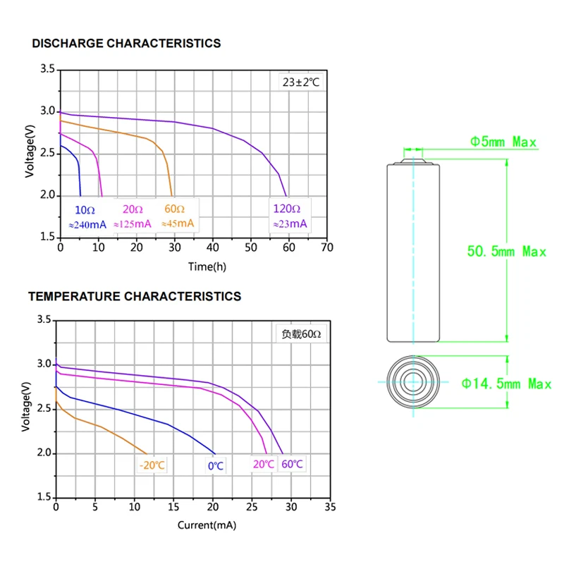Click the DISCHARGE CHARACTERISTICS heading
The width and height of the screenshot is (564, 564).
(126, 44)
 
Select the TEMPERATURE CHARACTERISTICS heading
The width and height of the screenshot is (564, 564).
(134, 297)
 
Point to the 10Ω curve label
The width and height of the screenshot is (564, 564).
(85, 209)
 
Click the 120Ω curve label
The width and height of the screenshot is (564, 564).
(287, 209)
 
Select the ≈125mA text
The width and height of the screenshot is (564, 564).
(132, 224)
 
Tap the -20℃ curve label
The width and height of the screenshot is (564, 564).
(152, 465)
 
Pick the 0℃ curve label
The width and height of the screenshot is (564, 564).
(215, 466)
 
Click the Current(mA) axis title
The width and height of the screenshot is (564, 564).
(206, 525)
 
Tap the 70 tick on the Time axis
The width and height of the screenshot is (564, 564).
(326, 248)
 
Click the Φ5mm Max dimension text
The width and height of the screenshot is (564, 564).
(503, 142)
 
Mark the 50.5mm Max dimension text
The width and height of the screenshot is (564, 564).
(507, 251)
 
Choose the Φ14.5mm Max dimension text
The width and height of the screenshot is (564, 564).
(506, 384)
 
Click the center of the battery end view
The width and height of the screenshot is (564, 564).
(413, 382)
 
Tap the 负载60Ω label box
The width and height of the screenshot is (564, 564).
(301, 335)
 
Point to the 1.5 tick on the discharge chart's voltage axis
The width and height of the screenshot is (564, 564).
(47, 237)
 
